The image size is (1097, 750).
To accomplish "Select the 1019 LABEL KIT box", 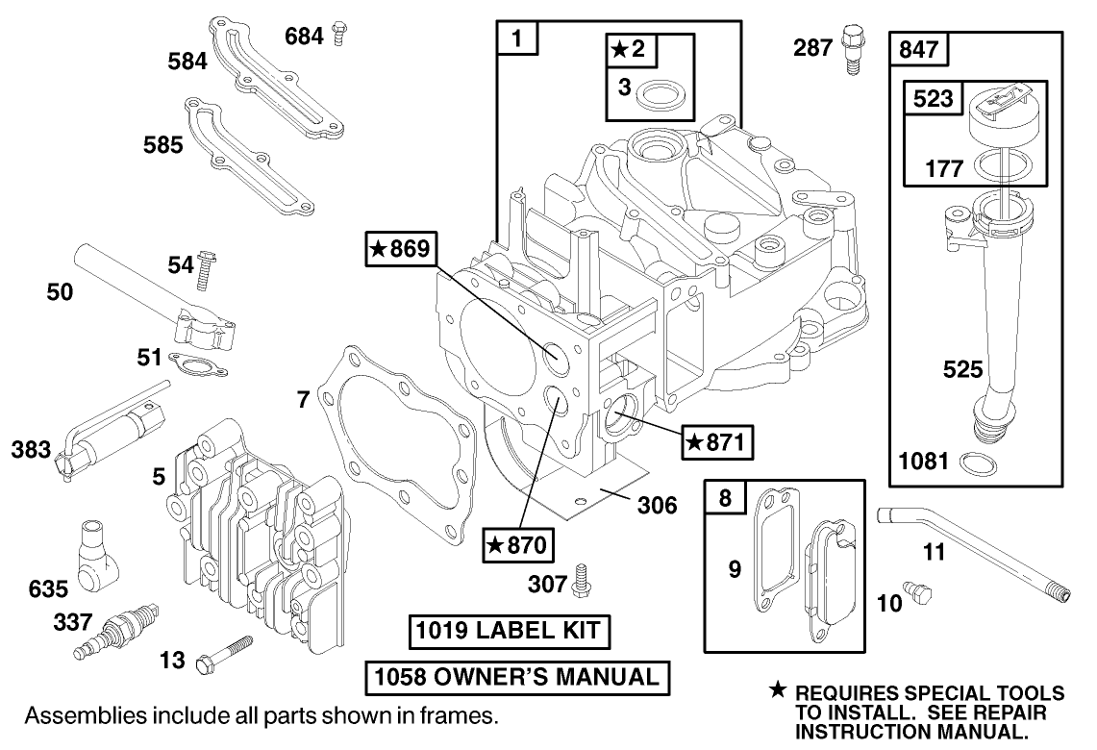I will [507, 632].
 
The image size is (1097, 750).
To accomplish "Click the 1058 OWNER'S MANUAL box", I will [517, 677].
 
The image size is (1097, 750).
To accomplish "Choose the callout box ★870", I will [517, 545].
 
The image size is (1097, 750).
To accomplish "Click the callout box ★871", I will [717, 442].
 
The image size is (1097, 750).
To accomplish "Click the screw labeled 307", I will [580, 580].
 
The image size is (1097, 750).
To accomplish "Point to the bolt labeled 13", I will [223, 653].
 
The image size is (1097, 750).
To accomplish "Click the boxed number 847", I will [921, 47].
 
